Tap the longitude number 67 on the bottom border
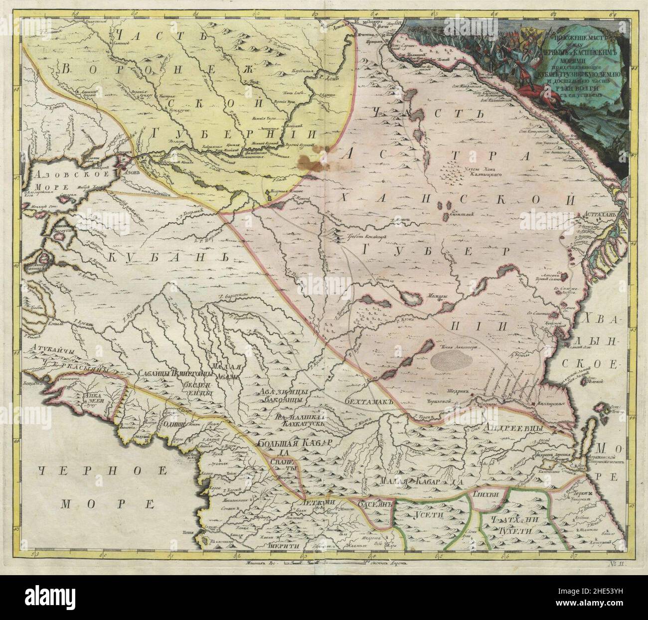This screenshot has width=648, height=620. pos(574,555)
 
